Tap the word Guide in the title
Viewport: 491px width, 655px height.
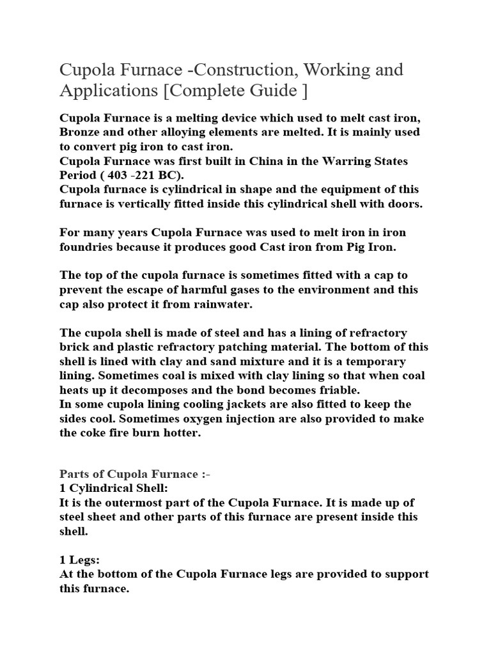(x=272, y=91)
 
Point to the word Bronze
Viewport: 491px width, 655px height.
(x=82, y=132)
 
